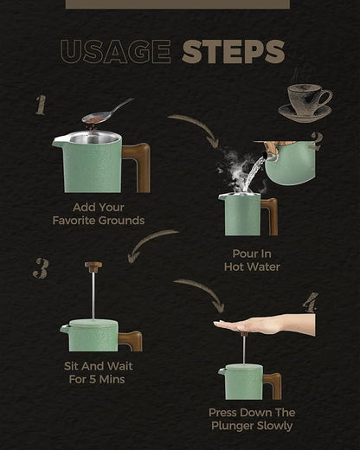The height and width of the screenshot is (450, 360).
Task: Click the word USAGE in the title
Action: point(116,52)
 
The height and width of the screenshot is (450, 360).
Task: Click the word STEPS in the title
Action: point(234,52)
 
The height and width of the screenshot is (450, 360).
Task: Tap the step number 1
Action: point(41,106)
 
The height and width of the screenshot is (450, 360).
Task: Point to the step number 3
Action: point(41,268)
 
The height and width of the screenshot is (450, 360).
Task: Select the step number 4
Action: point(311,303)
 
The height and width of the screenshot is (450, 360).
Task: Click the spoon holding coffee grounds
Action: point(107,112)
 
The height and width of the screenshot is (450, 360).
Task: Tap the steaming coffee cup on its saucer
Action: point(305,101)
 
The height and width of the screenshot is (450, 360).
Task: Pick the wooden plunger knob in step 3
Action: point(93,267)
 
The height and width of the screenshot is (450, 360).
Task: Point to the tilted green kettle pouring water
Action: point(288,161)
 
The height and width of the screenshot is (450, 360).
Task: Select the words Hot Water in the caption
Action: point(252,267)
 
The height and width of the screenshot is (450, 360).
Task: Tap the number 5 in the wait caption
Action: point(93,379)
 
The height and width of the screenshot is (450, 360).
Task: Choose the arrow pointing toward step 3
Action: point(149,241)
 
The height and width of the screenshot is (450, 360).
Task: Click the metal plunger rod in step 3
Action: point(93,296)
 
